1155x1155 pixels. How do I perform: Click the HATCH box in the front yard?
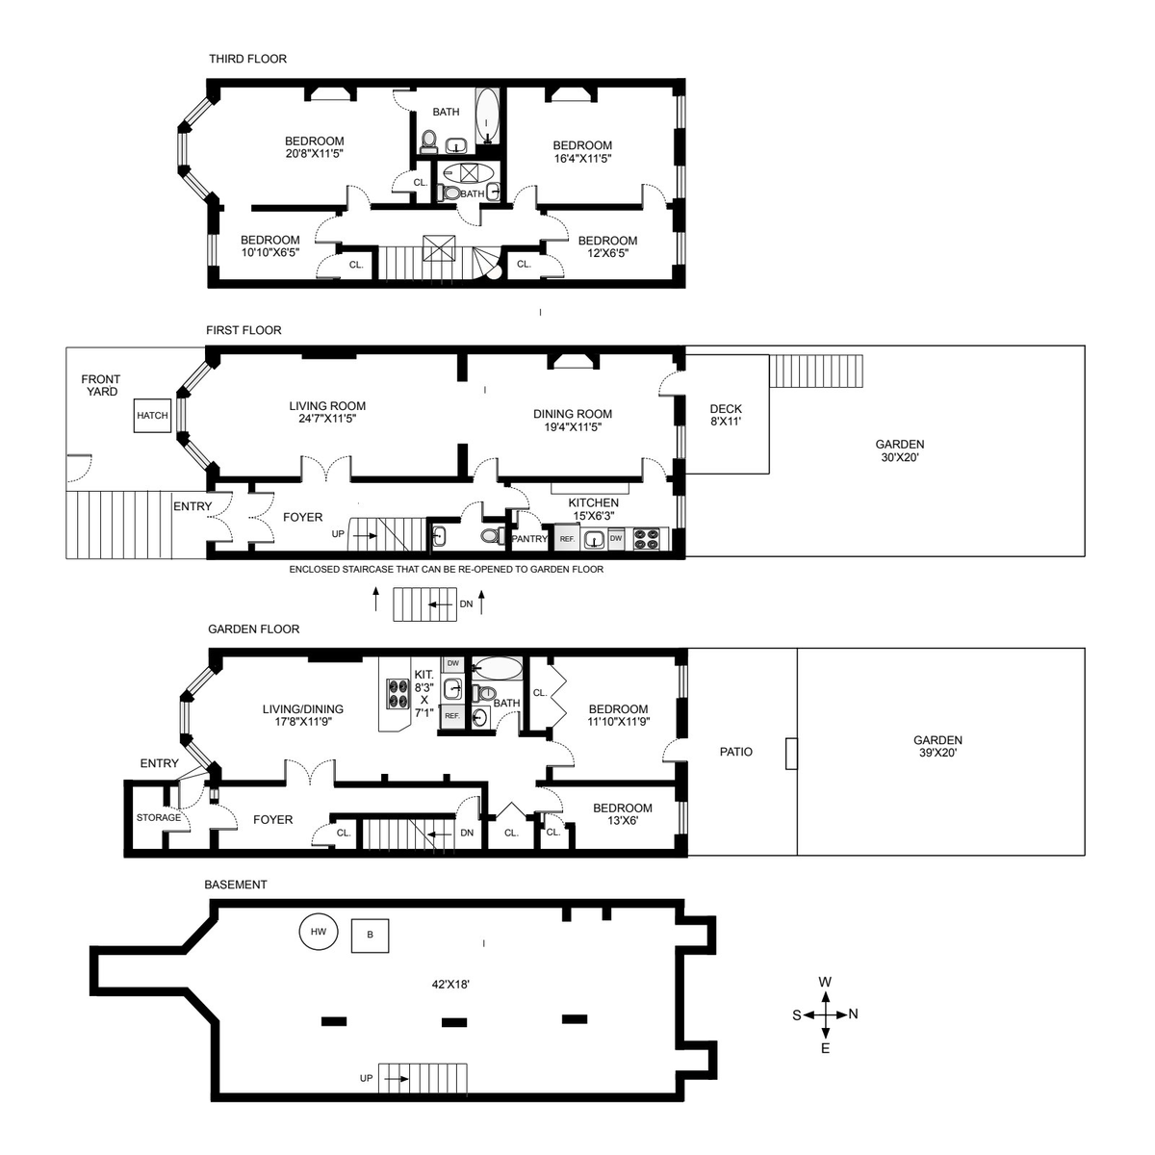click(x=152, y=416)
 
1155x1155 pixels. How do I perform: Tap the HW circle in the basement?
click(x=318, y=932)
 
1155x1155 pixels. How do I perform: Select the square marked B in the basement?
click(x=370, y=935)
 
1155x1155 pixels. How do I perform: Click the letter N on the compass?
click(x=853, y=1014)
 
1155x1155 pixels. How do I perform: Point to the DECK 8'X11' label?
click(x=726, y=415)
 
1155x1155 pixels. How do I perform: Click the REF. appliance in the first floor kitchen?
click(x=566, y=538)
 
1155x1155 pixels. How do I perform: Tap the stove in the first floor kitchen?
click(x=650, y=538)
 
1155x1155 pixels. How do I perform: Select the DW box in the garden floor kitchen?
click(x=452, y=663)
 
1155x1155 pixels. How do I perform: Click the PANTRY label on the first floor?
click(x=529, y=539)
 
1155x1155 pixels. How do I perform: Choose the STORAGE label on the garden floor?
click(x=158, y=817)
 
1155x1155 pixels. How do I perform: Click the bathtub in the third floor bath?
click(x=487, y=116)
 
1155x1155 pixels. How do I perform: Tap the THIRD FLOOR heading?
click(x=247, y=59)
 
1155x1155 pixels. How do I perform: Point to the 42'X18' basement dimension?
click(x=450, y=984)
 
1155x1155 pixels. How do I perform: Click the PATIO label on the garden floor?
click(x=735, y=752)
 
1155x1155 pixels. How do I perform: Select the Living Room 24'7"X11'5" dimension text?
click(x=327, y=419)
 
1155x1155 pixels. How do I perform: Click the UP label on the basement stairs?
click(x=366, y=1078)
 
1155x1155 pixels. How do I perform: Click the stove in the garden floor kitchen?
click(x=398, y=693)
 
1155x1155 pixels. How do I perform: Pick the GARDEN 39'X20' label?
click(x=937, y=746)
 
